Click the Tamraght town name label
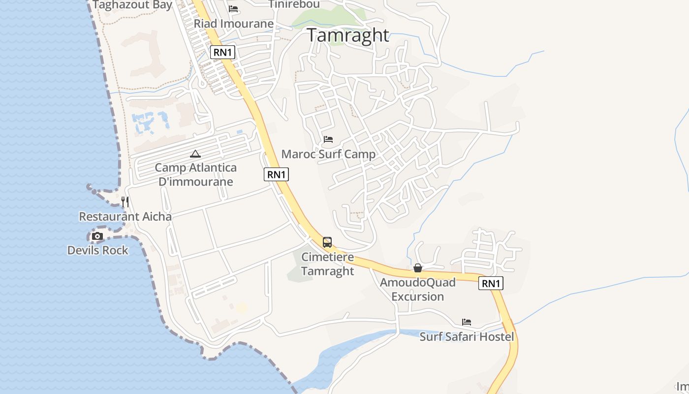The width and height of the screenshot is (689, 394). tap(348, 35)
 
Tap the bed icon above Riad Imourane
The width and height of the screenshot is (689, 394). tap(233, 9)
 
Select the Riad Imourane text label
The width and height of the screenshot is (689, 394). tap(233, 24)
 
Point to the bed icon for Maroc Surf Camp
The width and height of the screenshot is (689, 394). tap(328, 140)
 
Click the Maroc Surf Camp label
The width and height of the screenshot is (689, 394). tap(328, 154)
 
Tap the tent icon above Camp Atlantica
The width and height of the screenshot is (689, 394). tap(195, 154)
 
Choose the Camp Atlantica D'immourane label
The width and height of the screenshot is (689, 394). tap(195, 174)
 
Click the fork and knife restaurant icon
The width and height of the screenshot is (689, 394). tap(125, 202)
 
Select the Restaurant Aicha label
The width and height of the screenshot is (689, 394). tap(125, 217)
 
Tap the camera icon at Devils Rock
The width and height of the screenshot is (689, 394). tap(97, 236)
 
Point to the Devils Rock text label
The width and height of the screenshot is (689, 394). tap(97, 250)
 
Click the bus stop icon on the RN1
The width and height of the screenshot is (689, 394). tap(327, 242)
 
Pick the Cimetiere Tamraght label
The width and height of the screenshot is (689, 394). tap(327, 264)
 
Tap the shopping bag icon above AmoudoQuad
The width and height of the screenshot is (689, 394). tap(418, 268)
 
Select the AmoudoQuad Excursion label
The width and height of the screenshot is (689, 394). tap(418, 290)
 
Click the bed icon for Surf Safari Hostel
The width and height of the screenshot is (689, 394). tap(467, 322)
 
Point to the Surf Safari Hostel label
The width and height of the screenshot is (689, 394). tap(467, 337)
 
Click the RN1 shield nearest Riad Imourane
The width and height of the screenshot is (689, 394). tap(222, 52)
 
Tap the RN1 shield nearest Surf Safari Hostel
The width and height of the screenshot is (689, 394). tap(491, 283)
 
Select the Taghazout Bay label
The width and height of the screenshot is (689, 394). tap(132, 5)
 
